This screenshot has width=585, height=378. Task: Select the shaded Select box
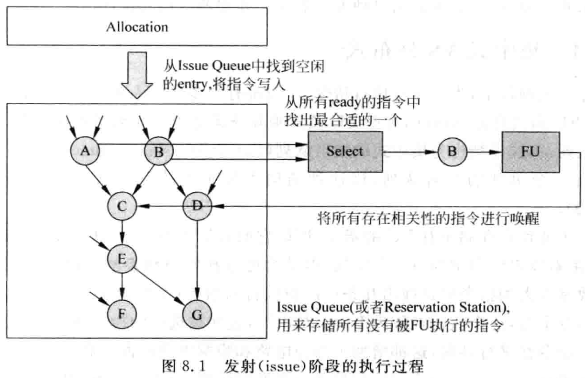pyautogui.click(x=344, y=151)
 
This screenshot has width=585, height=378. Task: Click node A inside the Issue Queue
pyautogui.click(x=84, y=150)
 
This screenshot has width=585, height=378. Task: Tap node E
pyautogui.click(x=122, y=258)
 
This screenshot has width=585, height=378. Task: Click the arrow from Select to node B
pyautogui.click(x=410, y=151)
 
